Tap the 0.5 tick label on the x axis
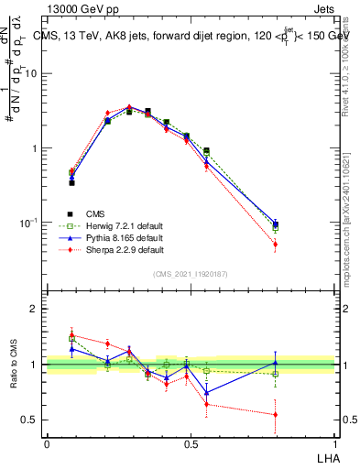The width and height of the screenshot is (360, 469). [190, 443]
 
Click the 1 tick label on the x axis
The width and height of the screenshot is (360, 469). [334, 443]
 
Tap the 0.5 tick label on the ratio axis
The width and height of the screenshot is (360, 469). [30, 420]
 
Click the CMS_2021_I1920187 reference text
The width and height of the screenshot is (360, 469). [190, 274]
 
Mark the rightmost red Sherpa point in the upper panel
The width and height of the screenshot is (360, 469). [276, 245]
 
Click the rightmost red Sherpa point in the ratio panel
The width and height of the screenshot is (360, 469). [276, 415]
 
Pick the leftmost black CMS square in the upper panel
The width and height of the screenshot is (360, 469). [71, 183]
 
